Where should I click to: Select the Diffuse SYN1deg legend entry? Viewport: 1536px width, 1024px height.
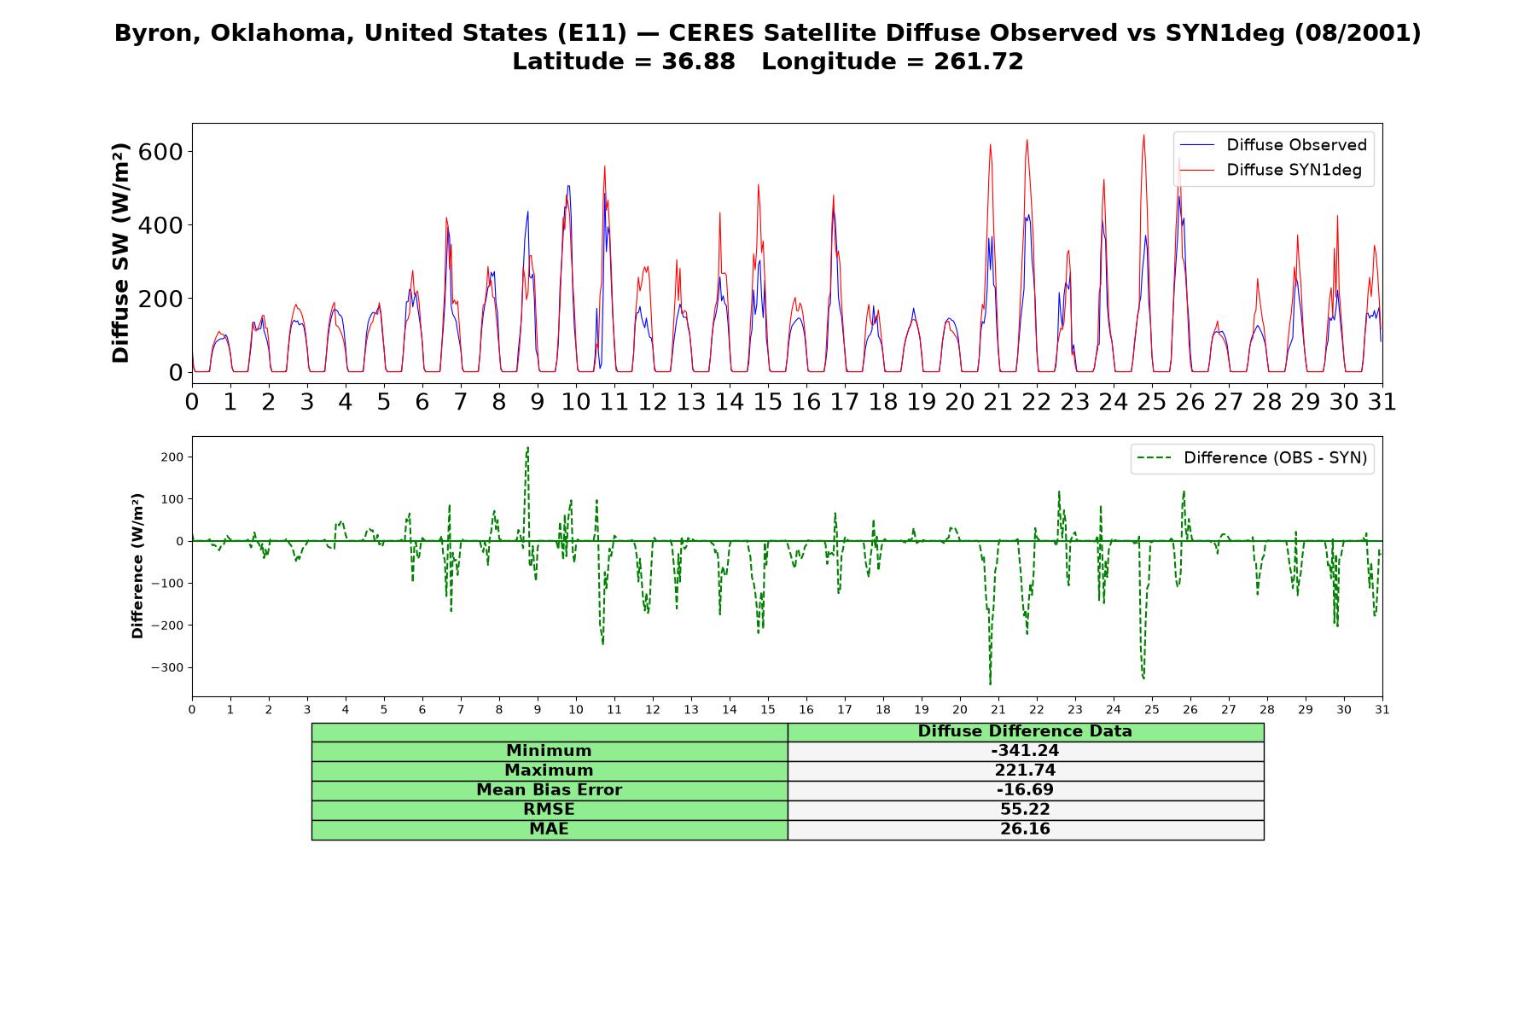[1271, 170]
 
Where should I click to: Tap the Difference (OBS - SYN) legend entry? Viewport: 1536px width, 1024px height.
[1253, 458]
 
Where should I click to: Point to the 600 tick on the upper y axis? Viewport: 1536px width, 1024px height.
[164, 152]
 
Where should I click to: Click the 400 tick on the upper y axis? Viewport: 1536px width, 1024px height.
[164, 225]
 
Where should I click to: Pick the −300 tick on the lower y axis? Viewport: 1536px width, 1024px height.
[169, 668]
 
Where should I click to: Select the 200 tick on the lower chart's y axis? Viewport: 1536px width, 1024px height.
[173, 457]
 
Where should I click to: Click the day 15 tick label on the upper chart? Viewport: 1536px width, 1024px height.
[768, 402]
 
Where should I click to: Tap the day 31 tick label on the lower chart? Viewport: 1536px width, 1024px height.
[1382, 710]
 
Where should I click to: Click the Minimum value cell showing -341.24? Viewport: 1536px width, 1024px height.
[1025, 751]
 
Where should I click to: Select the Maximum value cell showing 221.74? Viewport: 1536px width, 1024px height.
[1025, 771]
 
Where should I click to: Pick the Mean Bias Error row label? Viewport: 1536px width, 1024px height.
[549, 790]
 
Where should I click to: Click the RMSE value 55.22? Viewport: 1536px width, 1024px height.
[1025, 810]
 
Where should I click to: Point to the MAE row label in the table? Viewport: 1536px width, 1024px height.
[549, 829]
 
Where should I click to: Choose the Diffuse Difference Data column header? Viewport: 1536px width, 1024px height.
[1025, 731]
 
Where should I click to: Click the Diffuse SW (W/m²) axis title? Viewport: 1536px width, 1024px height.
[121, 253]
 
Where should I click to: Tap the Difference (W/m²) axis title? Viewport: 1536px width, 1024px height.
[137, 566]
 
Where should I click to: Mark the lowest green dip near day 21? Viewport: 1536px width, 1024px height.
[990, 684]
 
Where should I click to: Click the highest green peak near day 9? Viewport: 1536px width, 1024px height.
[527, 447]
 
